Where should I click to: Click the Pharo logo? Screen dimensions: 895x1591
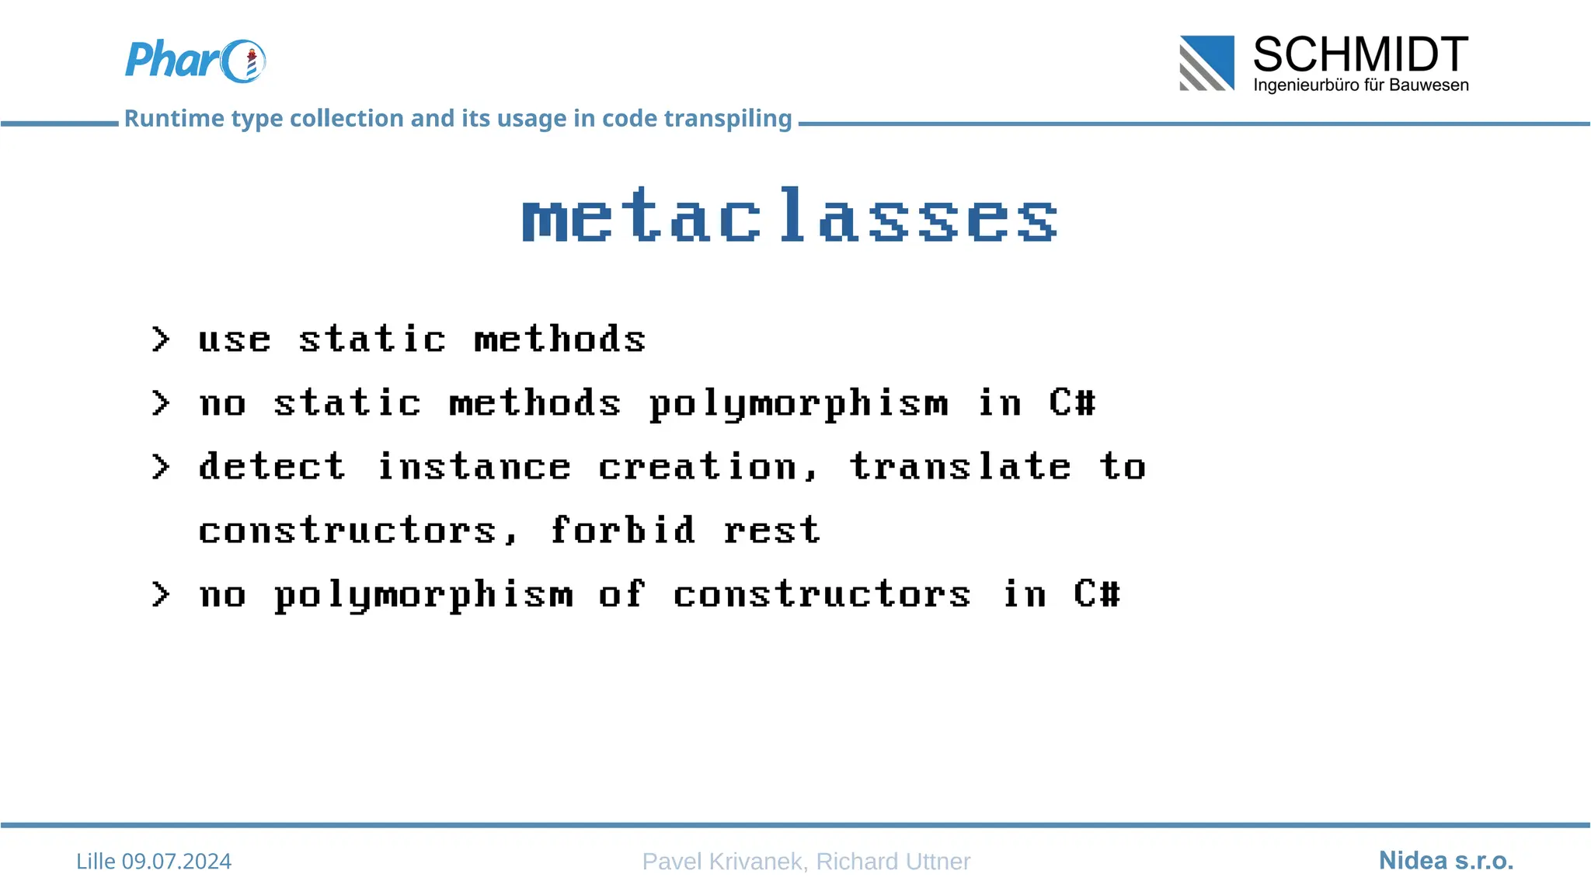click(x=195, y=61)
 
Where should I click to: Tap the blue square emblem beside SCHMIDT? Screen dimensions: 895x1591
click(x=1206, y=63)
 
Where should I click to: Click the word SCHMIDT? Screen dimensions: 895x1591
click(x=1360, y=54)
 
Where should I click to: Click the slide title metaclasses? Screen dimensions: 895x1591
click(x=789, y=216)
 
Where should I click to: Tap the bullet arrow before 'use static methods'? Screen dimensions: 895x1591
click(x=161, y=340)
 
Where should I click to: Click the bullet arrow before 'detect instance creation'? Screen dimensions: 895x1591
click(x=161, y=467)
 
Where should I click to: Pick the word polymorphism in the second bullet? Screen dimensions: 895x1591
click(x=799, y=404)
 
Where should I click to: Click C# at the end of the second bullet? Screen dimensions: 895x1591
click(x=1072, y=402)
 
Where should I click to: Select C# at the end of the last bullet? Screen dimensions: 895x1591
click(x=1097, y=594)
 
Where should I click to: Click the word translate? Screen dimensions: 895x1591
click(x=960, y=467)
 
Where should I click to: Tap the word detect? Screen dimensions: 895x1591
click(x=272, y=467)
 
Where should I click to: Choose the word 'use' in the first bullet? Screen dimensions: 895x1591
click(x=235, y=340)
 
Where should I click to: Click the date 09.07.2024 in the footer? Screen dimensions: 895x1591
click(x=176, y=861)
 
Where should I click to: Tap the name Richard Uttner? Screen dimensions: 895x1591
click(x=893, y=861)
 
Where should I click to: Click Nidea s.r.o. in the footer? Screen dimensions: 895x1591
click(x=1446, y=860)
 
